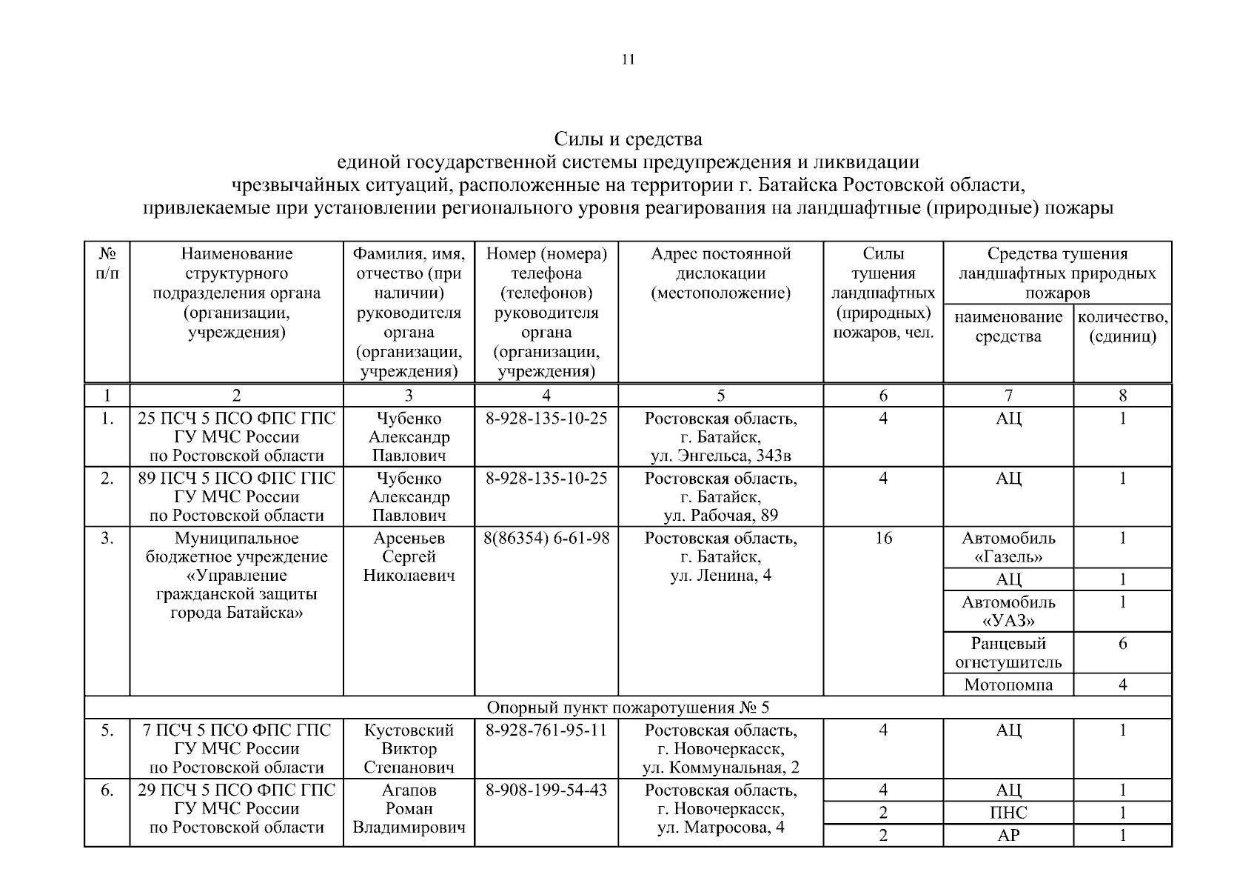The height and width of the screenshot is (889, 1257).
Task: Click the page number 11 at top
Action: point(628,60)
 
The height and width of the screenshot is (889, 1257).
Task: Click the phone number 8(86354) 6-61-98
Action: point(546,539)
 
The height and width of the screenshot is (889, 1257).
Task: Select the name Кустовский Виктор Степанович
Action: point(409,748)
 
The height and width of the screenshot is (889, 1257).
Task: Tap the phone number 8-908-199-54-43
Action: point(546,790)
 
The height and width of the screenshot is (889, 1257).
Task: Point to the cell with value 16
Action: point(883,539)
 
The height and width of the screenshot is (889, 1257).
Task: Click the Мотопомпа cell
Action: point(1008,685)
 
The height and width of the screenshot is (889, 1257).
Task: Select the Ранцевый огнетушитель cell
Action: point(1008,653)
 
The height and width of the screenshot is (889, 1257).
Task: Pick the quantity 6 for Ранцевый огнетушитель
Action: point(1122,644)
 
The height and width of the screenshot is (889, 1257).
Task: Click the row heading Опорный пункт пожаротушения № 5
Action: point(628,707)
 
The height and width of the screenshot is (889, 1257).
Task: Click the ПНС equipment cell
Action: point(1008,813)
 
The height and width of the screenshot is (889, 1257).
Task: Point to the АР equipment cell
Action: point(1008,836)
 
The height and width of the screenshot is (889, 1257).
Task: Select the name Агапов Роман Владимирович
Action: point(409,808)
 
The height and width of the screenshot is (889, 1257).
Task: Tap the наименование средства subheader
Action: point(1008,327)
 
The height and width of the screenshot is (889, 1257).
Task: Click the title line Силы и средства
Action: point(628,139)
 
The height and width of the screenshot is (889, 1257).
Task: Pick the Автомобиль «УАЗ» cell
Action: point(1008,611)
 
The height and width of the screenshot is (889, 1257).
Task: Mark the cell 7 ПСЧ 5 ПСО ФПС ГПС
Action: point(236,748)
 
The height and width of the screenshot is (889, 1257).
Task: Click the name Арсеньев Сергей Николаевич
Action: point(409,556)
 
